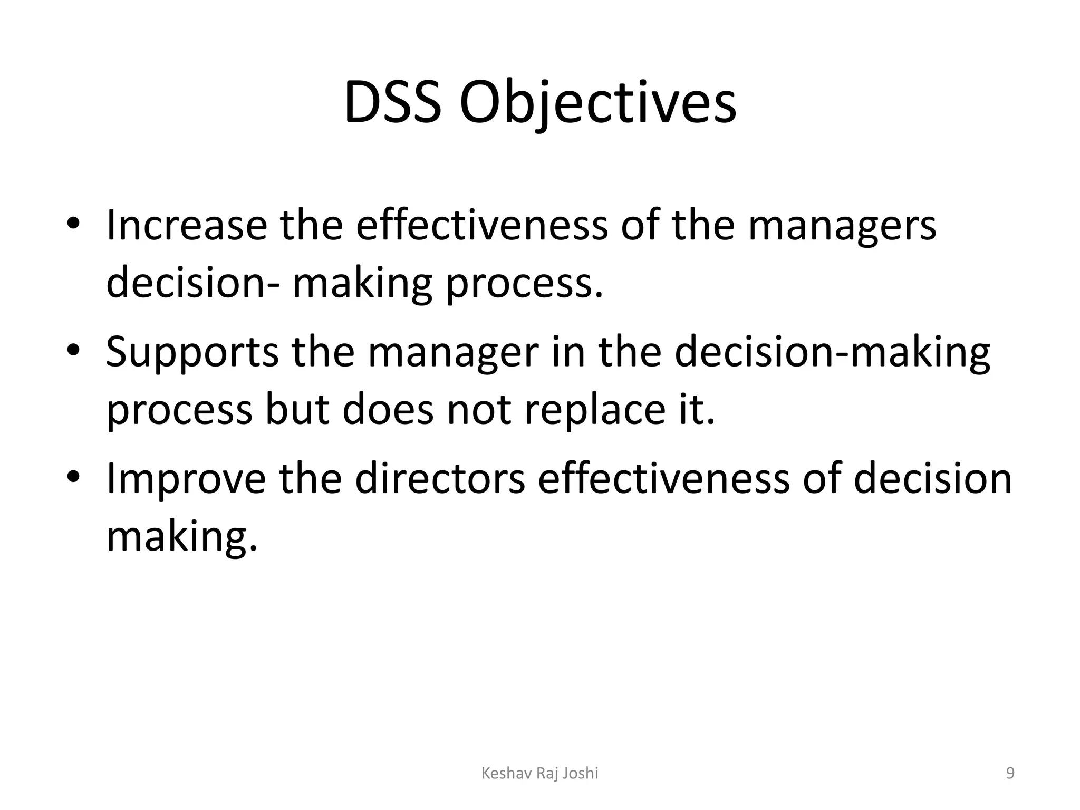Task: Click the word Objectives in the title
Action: (x=597, y=103)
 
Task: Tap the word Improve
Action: (x=186, y=479)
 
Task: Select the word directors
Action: (x=440, y=478)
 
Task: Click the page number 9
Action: (x=1010, y=773)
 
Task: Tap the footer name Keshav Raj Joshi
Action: (x=540, y=773)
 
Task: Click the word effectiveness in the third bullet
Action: (x=663, y=478)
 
